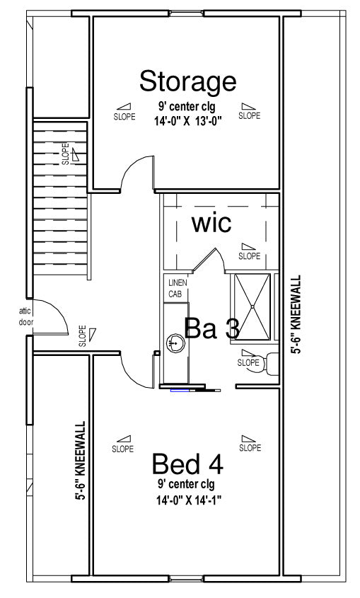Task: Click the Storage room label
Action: (x=188, y=81)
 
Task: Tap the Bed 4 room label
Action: (x=187, y=464)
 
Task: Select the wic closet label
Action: (x=211, y=224)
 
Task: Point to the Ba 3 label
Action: (x=211, y=328)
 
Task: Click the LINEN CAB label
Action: (x=178, y=288)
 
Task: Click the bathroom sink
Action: (x=175, y=343)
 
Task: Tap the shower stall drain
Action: (x=252, y=306)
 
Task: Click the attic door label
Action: (x=26, y=316)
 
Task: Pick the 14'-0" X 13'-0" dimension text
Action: (x=188, y=121)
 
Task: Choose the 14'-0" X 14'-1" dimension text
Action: (x=189, y=500)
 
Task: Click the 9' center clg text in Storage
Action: (x=187, y=106)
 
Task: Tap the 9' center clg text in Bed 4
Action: (x=186, y=484)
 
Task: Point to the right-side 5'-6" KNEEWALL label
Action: (x=296, y=314)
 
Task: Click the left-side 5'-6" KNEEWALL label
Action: (x=80, y=460)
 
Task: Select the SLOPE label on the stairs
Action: (x=66, y=154)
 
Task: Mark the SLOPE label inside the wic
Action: (x=250, y=256)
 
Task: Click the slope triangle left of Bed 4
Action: (x=124, y=439)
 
